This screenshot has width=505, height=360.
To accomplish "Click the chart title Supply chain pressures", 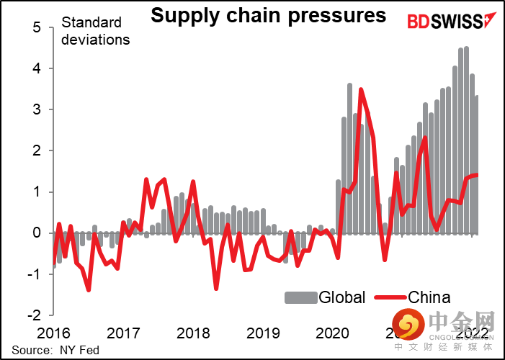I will coord(268,15).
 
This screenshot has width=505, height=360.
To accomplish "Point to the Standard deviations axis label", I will coord(95,30).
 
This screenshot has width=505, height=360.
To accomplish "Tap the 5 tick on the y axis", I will coord(39,27).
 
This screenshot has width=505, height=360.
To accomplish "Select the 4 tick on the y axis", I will coord(39,68).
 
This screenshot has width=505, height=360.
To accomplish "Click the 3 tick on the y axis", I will coord(39,109).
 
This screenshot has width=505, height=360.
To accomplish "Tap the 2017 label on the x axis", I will coord(122,333).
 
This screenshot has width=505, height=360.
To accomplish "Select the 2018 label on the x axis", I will coord(193,333).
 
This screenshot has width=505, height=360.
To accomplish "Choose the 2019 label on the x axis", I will coord(263,333).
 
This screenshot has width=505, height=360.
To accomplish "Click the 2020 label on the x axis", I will coord(334,333).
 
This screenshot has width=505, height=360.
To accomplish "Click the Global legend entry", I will coord(325,297).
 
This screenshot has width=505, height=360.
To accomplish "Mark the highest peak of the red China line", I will coord(360,89).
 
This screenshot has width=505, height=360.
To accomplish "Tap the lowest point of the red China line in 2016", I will coord(88,290).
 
